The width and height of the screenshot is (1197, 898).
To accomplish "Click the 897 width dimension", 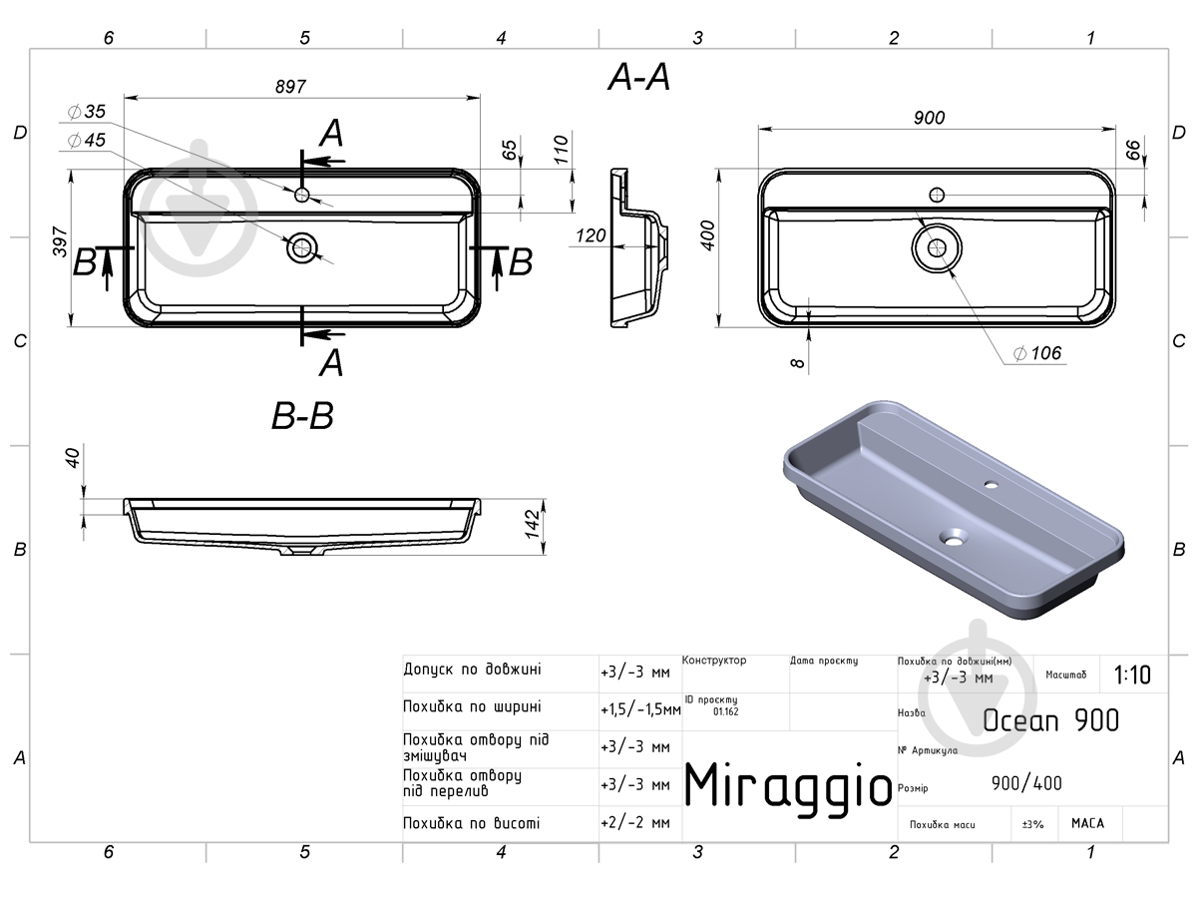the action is click(x=290, y=87).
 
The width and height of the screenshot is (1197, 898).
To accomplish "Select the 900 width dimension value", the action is click(x=930, y=118).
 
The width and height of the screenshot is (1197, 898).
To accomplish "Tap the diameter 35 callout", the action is click(x=87, y=112).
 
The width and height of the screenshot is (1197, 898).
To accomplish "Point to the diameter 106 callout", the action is click(x=1037, y=353).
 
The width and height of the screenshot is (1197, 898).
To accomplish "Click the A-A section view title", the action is click(x=639, y=77).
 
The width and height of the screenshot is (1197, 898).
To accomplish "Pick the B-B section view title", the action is click(x=302, y=416).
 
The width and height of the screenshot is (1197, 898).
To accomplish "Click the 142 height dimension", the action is click(x=533, y=524).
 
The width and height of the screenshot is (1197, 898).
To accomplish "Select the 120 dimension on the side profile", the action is click(x=591, y=235).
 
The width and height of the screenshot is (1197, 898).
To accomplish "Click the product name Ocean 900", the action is click(x=1050, y=720).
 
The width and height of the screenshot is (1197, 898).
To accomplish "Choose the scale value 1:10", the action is click(x=1132, y=675).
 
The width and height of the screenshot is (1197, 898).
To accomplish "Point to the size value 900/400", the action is click(x=1026, y=783).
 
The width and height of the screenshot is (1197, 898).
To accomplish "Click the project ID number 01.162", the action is click(x=726, y=711).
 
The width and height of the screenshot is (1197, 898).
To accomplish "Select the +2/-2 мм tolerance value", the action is click(x=635, y=822).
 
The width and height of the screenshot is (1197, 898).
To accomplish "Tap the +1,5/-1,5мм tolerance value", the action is click(x=640, y=709).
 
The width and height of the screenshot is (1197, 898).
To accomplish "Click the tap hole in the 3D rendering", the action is click(x=991, y=484).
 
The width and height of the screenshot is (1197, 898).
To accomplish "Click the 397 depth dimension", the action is click(x=60, y=241).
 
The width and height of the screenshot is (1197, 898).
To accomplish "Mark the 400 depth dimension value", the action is click(x=708, y=235).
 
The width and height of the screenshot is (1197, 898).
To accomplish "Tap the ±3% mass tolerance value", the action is click(x=1032, y=824).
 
